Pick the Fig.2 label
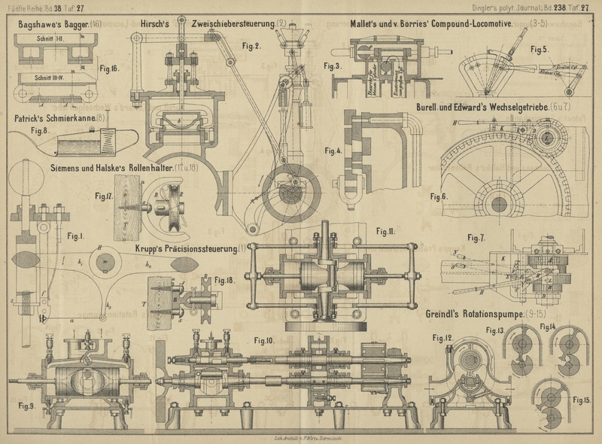click(251, 47)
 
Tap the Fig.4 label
click(333, 151)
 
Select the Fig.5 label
click(540, 50)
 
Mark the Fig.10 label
click(263, 341)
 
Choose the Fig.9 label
click(27, 406)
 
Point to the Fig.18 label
click(225, 281)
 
